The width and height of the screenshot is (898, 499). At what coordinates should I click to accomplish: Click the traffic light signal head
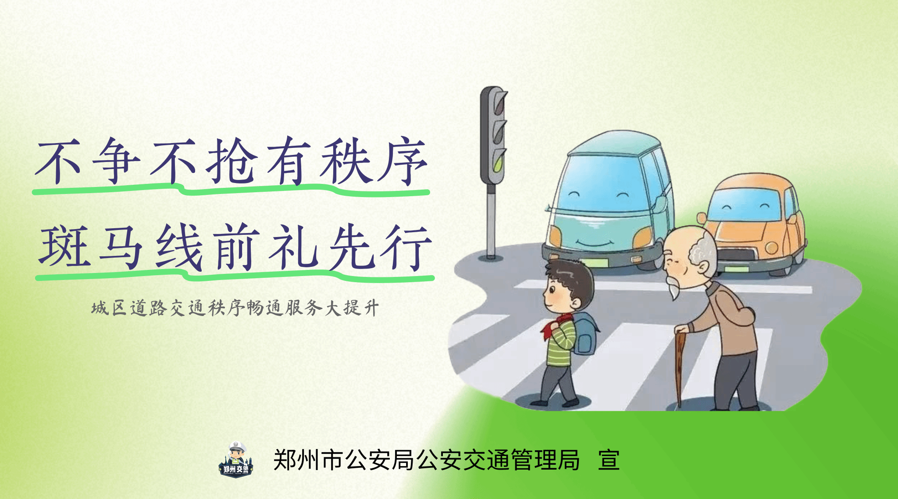pyautogui.click(x=494, y=135)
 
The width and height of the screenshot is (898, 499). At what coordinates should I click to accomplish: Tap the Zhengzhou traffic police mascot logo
pyautogui.click(x=236, y=460)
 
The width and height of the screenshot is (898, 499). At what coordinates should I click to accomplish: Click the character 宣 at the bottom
pyautogui.click(x=609, y=460)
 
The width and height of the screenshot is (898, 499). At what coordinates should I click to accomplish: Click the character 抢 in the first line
pyautogui.click(x=232, y=160)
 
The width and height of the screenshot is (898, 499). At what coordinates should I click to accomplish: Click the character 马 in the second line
pyautogui.click(x=121, y=247)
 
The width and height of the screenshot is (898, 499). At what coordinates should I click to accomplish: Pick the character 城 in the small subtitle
pyautogui.click(x=100, y=308)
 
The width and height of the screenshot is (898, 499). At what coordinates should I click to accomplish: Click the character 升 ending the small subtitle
pyautogui.click(x=371, y=308)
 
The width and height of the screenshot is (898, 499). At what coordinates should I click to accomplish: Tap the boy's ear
pyautogui.click(x=576, y=302)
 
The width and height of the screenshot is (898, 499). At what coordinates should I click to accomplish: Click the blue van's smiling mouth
pyautogui.click(x=594, y=243)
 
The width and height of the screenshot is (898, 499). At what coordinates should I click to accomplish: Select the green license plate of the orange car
pyautogui.click(x=736, y=269)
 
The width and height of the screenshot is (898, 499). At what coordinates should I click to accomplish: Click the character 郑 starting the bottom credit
pyautogui.click(x=285, y=460)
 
